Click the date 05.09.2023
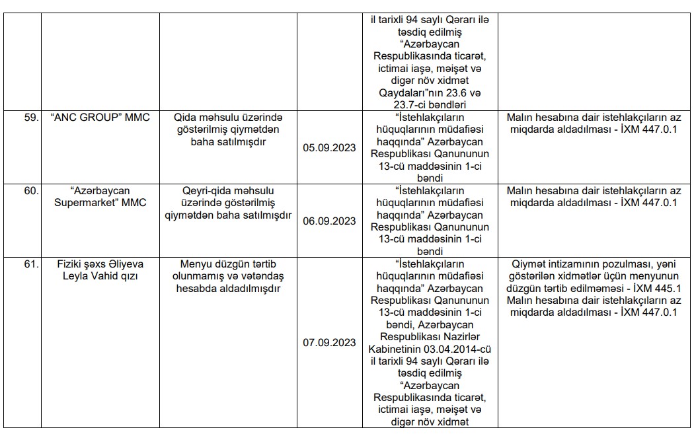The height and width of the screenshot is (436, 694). click(329, 148)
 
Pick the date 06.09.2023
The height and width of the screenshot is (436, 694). click(329, 221)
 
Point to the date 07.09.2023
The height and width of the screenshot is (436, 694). click(329, 344)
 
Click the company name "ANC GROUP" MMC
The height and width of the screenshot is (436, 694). click(100, 118)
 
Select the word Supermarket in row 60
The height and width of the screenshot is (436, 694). click(88, 203)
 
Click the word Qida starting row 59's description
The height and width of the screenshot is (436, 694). click(186, 118)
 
